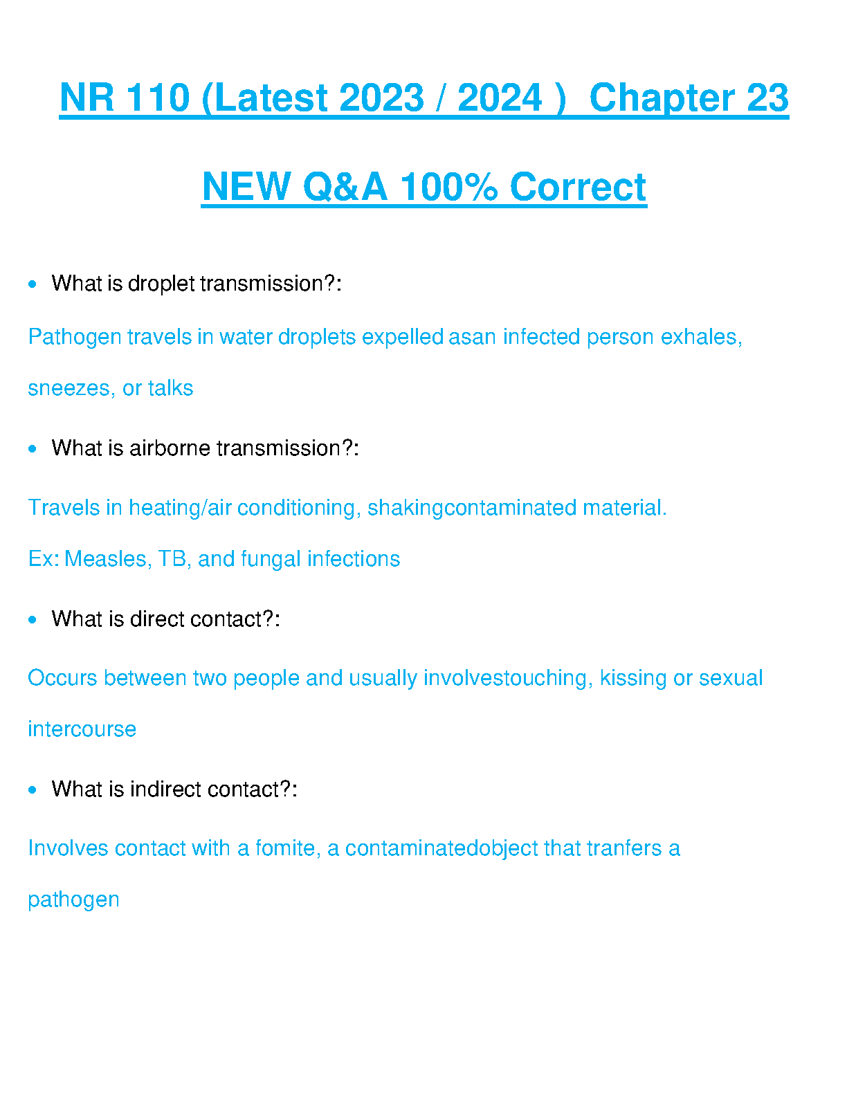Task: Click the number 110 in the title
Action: (x=157, y=98)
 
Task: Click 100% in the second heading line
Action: (x=449, y=187)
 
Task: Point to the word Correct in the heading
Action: (x=578, y=187)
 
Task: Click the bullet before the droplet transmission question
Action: (x=33, y=284)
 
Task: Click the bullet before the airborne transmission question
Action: (x=33, y=448)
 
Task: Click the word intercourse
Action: (x=82, y=729)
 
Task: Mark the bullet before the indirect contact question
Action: (x=33, y=790)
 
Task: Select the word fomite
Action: (x=288, y=849)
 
